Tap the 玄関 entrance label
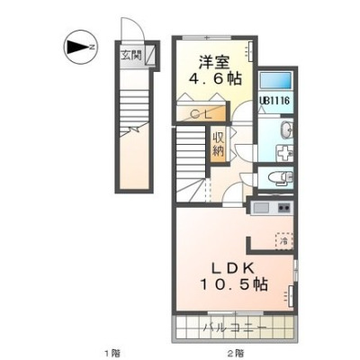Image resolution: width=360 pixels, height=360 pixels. pos(131,55)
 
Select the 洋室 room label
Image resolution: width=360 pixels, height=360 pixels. pos(214,62)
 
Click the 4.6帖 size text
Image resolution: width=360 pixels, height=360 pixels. pos(215,79)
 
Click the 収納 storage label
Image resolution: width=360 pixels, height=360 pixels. pos(219,144)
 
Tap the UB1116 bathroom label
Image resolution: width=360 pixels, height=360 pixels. pos(274,100)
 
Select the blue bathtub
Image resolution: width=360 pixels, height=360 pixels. pos(275,80)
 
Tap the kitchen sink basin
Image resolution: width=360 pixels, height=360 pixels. pos(262,208)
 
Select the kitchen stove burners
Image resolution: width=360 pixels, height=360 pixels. pos(284,208)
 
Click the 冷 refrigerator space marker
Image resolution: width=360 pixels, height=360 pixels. pos(284,240)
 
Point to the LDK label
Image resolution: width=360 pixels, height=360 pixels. pos(233,268)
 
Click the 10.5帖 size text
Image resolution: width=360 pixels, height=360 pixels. pos(234,284)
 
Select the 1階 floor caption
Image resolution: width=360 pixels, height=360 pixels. pos(112,353)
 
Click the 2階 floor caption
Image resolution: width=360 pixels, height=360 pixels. pos(235,353)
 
